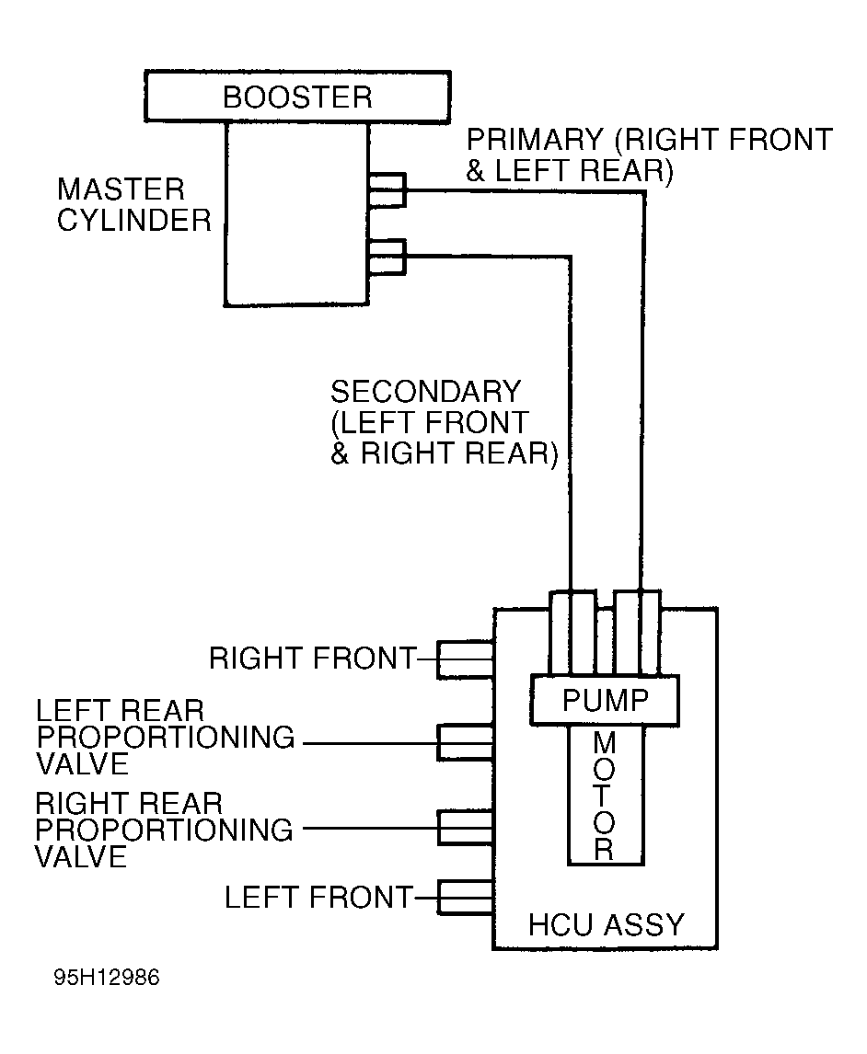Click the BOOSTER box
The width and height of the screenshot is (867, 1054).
click(297, 97)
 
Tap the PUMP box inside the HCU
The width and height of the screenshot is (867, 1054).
click(605, 700)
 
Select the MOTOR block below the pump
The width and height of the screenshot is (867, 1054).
click(606, 796)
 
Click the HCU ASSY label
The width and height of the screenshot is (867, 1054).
click(606, 924)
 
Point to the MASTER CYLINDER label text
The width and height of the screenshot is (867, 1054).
click(133, 204)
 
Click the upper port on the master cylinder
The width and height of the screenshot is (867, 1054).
click(387, 189)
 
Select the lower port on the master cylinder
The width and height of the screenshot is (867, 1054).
click(387, 257)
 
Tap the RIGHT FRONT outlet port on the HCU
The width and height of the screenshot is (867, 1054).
click(466, 659)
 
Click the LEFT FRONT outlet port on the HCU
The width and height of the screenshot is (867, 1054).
click(466, 898)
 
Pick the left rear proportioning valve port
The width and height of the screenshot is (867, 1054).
click(466, 743)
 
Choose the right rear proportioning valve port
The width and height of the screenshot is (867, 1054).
click(466, 828)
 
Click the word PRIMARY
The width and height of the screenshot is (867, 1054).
click(536, 140)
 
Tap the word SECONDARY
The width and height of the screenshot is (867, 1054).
click(426, 392)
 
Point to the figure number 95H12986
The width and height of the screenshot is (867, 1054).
click(107, 977)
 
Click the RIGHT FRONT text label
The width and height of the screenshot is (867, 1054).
click(313, 659)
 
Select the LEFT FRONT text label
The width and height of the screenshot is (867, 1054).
click(318, 898)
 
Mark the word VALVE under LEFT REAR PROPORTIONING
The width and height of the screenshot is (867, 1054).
click(82, 764)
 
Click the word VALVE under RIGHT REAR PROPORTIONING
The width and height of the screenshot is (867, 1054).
click(81, 857)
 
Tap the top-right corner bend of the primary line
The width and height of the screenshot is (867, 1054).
click(643, 192)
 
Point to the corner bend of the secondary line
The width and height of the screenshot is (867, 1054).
click(571, 256)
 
